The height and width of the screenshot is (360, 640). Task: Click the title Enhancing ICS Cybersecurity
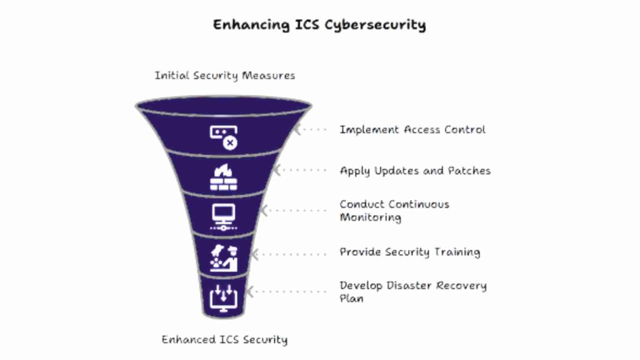(x=319, y=25)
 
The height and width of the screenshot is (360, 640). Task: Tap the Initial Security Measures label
(x=224, y=76)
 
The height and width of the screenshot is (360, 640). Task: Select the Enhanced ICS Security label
(x=224, y=340)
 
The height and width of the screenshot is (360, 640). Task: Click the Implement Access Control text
(x=412, y=130)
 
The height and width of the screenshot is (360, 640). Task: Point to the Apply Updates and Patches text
(x=415, y=171)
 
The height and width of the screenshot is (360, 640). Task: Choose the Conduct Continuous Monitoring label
(x=394, y=211)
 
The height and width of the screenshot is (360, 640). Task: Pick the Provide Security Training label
(x=409, y=252)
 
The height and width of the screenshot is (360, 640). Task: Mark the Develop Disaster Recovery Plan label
(x=412, y=291)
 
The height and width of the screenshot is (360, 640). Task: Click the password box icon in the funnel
(x=223, y=137)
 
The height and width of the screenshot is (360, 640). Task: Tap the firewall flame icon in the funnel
(x=223, y=177)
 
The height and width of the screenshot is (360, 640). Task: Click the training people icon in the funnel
(x=223, y=257)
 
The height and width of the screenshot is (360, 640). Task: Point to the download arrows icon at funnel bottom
(x=223, y=296)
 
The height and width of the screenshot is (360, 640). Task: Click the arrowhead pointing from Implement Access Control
(x=298, y=130)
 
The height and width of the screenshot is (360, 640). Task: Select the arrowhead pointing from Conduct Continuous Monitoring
(x=264, y=211)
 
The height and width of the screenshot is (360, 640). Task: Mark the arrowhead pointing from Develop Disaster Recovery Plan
(x=250, y=291)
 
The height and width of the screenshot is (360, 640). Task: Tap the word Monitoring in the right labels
(x=370, y=217)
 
